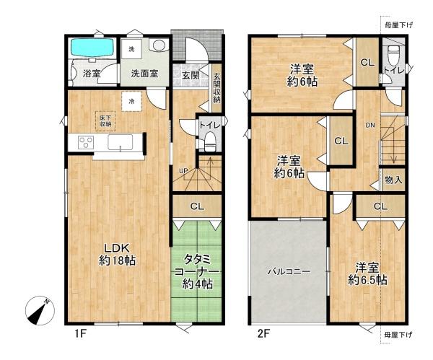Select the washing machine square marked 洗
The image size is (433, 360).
click(131, 49)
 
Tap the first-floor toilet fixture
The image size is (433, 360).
click(210, 140)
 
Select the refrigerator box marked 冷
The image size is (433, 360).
click(131, 102)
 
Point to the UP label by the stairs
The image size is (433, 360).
click(183, 170)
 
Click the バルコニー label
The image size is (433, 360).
click(289, 272)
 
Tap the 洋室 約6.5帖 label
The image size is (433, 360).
click(367, 273)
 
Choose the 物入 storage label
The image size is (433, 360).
click(393, 180)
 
